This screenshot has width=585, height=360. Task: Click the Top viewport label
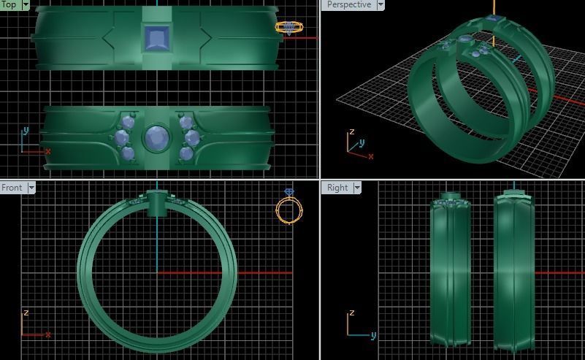(9, 4)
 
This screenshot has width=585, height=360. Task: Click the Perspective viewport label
(348, 4)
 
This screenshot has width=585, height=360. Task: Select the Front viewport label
(12, 188)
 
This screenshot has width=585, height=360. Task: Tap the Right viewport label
(337, 188)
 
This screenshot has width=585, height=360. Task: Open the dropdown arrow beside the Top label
(26, 4)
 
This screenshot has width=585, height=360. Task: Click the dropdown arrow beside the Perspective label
(380, 4)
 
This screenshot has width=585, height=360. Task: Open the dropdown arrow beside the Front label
(31, 188)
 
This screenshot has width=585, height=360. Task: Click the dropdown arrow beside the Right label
(357, 188)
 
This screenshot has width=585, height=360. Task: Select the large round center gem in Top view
(155, 138)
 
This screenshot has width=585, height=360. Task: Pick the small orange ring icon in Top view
(288, 28)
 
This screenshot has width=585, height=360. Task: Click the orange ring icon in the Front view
(288, 209)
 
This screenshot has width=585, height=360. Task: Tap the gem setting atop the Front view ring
(156, 202)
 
